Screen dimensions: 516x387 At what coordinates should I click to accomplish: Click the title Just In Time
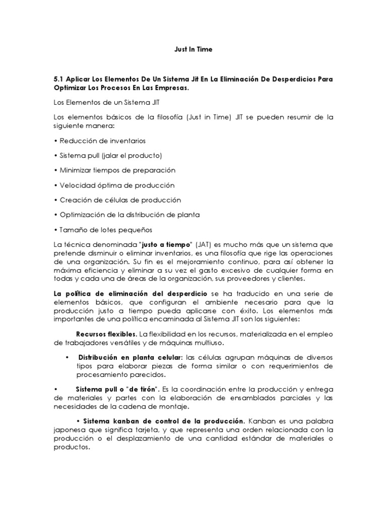click(193, 49)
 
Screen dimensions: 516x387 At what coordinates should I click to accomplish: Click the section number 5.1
click(59, 80)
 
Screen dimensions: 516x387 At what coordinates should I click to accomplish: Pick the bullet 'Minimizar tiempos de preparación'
click(114, 170)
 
